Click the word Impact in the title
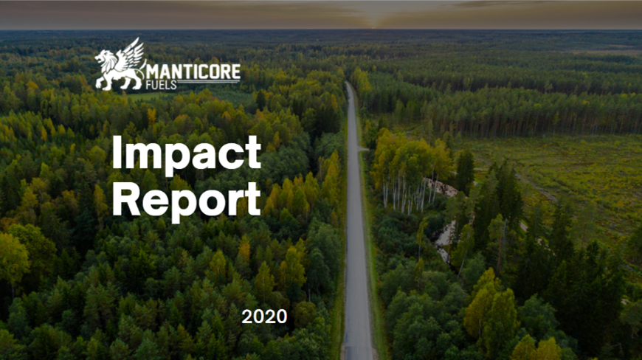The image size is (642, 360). pyautogui.click(x=187, y=154)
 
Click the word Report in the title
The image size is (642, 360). pyautogui.click(x=186, y=201)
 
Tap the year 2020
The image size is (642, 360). pyautogui.click(x=264, y=316)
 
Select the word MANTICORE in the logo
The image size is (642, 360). pyautogui.click(x=193, y=72)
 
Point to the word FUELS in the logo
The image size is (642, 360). pyautogui.click(x=162, y=85)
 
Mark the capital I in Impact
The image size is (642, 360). pyautogui.click(x=117, y=152)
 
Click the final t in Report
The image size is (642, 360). pyautogui.click(x=254, y=200)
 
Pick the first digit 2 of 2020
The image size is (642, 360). pyautogui.click(x=247, y=316)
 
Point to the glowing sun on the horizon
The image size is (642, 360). pyautogui.click(x=372, y=27)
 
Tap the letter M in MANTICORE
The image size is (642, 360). pyautogui.click(x=152, y=72)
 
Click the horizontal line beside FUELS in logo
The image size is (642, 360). pyautogui.click(x=208, y=82)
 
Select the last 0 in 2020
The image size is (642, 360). pyautogui.click(x=281, y=316)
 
